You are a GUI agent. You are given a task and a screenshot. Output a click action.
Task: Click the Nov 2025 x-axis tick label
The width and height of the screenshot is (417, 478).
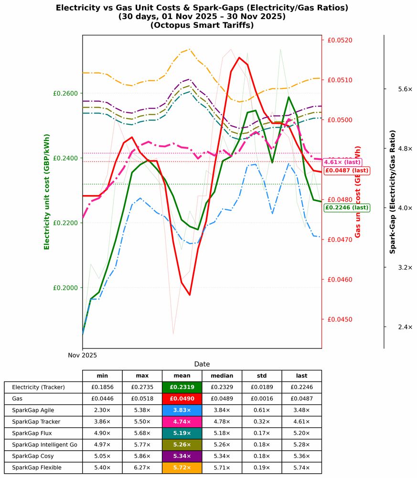click(82, 355)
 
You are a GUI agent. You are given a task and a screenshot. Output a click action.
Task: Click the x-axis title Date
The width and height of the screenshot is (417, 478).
click(202, 364)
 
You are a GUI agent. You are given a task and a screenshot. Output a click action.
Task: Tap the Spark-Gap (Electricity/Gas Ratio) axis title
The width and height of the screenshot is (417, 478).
click(393, 191)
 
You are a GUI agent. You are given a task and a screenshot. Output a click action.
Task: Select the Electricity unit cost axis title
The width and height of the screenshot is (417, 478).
click(47, 191)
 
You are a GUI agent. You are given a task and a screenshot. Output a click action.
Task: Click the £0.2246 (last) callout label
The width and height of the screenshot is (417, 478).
click(346, 207)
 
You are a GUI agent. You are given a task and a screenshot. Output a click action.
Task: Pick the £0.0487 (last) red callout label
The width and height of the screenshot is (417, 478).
click(346, 171)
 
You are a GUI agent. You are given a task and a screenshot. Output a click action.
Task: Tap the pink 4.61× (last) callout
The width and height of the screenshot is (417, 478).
click(342, 163)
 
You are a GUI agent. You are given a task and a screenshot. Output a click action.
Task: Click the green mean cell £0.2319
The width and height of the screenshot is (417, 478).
click(182, 387)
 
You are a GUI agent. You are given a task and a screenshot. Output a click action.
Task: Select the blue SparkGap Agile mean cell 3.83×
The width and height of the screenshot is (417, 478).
click(182, 410)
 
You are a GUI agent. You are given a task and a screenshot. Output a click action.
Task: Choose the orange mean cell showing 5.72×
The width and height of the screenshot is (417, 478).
click(182, 467)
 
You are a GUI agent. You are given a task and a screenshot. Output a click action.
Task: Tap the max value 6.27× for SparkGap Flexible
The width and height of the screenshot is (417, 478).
click(142, 467)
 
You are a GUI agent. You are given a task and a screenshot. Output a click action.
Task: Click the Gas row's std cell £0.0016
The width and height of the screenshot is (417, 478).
click(262, 399)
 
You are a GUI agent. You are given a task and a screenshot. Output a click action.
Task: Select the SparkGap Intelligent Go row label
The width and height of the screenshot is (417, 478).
click(44, 445)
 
